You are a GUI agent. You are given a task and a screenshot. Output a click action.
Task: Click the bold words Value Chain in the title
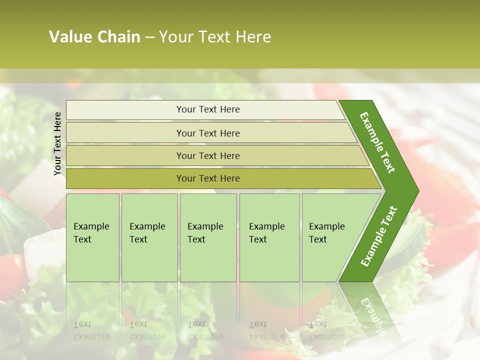pyautogui.click(x=94, y=37)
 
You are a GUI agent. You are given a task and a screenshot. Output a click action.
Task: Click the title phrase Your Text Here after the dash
pyautogui.click(x=215, y=37)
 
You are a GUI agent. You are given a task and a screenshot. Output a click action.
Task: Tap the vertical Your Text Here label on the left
pyautogui.click(x=57, y=143)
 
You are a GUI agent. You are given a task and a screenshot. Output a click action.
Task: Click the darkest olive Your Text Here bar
pyautogui.click(x=125, y=178)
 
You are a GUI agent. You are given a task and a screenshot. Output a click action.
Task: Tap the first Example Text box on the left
pyautogui.click(x=92, y=237)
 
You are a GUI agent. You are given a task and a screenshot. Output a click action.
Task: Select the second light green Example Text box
pyautogui.click(x=149, y=237)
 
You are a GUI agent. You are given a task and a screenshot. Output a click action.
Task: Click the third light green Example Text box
pyautogui.click(x=208, y=237)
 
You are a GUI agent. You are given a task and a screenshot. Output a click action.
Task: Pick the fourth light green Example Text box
pyautogui.click(x=269, y=237)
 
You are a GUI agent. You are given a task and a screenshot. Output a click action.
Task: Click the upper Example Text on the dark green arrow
pyautogui.click(x=377, y=142)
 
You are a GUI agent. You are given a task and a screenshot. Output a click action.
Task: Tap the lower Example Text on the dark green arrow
pyautogui.click(x=378, y=236)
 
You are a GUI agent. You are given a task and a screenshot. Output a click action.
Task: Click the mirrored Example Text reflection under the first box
pyautogui.click(x=91, y=330)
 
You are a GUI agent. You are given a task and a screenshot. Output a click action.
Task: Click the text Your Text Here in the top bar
pyautogui.click(x=208, y=109)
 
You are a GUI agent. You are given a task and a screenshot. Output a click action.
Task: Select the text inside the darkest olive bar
pyautogui.click(x=208, y=178)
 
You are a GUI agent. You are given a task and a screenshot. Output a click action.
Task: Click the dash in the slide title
pyautogui.click(x=149, y=37)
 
